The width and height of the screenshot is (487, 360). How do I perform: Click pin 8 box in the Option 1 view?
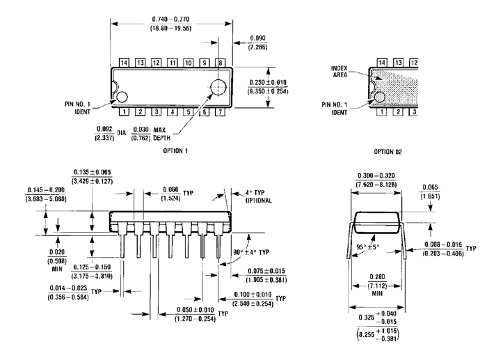(x=220, y=63)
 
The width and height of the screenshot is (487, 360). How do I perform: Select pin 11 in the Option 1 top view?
(x=172, y=63)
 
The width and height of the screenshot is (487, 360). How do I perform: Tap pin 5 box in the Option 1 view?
(x=188, y=111)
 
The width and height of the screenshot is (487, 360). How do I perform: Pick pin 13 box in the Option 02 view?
(x=398, y=63)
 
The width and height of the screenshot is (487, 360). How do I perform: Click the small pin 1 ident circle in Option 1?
(x=122, y=97)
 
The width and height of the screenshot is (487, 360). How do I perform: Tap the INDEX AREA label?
(x=345, y=72)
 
